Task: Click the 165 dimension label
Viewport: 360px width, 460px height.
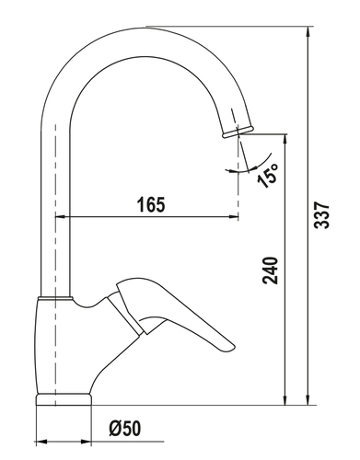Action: [x=151, y=204]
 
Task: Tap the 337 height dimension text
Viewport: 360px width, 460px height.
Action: [x=321, y=215]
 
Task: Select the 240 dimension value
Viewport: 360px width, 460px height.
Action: [x=270, y=270]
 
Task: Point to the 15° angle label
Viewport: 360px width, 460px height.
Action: [x=268, y=175]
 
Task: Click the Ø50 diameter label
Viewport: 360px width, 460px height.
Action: [x=125, y=428]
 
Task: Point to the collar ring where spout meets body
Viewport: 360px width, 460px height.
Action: [x=55, y=298]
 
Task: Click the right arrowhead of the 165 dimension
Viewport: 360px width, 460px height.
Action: [x=234, y=217]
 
